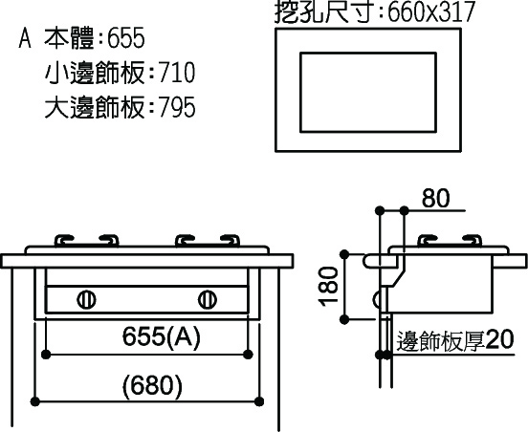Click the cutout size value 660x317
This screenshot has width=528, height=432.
pos(431,12)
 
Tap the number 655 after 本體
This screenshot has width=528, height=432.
pos(126,38)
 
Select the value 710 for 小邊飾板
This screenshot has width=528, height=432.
pos(177,73)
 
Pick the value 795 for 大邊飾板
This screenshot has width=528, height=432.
pos(177,107)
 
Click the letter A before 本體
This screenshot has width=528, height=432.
pos(25,38)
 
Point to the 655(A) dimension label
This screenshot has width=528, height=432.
pos(162,336)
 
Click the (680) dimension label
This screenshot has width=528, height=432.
pos(152,385)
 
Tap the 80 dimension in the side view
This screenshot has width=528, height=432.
pos(436,198)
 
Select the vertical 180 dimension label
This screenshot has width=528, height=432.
pos(328,287)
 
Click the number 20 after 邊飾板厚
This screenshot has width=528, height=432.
pos(499,340)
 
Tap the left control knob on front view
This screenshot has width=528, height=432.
pos(86,299)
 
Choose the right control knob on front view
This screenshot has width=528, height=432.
pos(208,299)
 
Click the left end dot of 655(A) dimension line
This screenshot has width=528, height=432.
pos(46,355)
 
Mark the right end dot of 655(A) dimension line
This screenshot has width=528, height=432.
pos(248,355)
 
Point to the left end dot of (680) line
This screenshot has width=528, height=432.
pos(35,401)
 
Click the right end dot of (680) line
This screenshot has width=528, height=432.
pos(259,401)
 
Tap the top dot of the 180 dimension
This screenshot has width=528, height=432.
pos(344,254)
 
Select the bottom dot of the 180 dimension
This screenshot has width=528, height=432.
pos(344,319)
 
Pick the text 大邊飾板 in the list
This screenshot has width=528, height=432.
pos(95,107)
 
